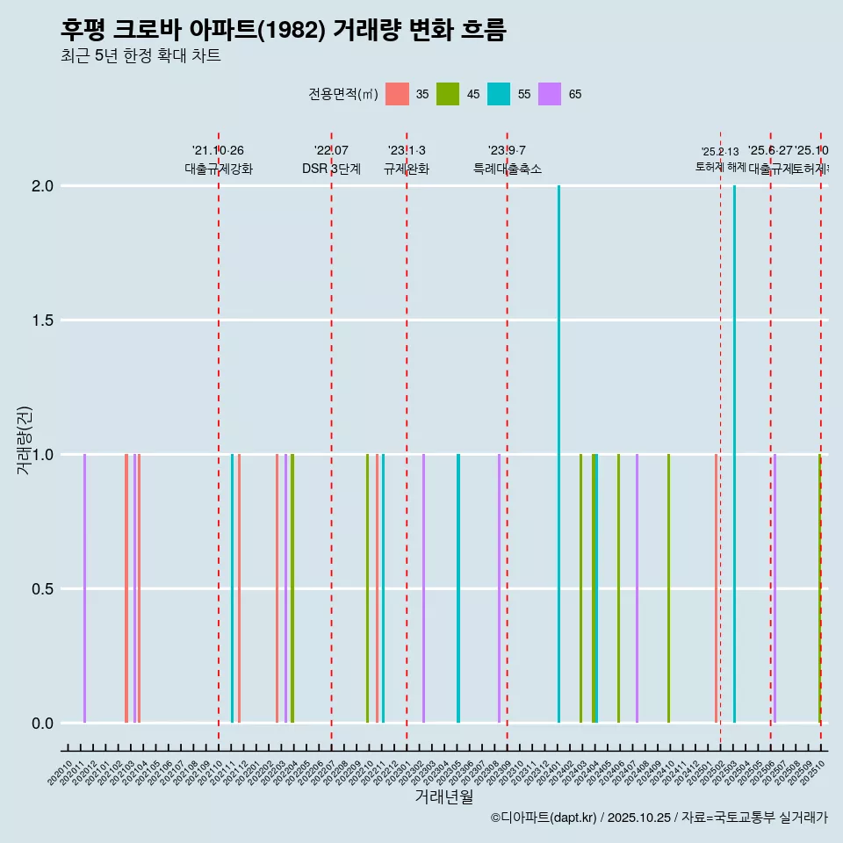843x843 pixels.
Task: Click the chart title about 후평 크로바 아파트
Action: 283,30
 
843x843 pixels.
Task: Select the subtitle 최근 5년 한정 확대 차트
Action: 140,56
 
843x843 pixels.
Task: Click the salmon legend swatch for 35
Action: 398,94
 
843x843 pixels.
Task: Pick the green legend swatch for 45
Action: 448,94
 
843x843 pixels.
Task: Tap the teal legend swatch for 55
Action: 499,94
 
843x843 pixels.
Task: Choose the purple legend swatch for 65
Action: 550,94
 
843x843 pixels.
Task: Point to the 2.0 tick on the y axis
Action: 43,186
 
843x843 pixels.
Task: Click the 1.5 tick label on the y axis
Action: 43,321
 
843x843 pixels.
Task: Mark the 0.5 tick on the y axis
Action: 43,589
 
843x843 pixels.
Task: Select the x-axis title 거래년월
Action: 443,797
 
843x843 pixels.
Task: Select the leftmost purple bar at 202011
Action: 85,588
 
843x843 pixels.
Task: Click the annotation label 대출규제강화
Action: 219,169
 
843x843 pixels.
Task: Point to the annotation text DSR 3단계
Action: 331,169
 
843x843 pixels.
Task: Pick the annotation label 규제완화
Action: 407,169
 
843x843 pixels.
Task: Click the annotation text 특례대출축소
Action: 508,169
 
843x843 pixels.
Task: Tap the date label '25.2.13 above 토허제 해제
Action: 720,152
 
